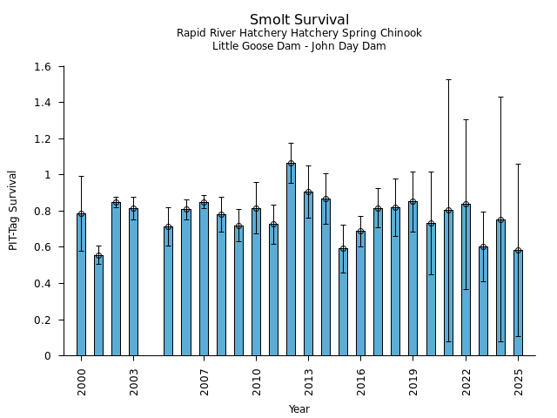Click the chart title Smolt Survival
click(299, 20)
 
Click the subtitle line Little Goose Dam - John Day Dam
click(299, 46)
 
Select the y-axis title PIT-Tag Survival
click(13, 210)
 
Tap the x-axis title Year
click(299, 409)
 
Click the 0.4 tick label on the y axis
click(42, 284)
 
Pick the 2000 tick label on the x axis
click(82, 381)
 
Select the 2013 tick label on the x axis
click(309, 381)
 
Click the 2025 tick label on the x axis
click(519, 381)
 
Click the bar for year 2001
click(98, 306)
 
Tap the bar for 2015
click(343, 302)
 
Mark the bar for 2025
click(518, 303)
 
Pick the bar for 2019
click(413, 279)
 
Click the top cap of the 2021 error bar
click(448, 79)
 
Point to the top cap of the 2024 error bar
click(500, 97)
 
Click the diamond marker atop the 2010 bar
click(256, 209)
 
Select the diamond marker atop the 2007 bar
click(204, 203)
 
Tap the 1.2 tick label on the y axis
click(42, 139)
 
